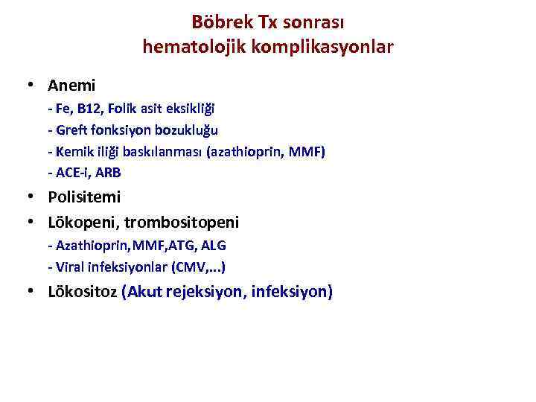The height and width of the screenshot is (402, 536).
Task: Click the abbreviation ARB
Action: [x=107, y=173]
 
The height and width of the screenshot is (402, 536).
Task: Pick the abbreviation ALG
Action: [x=212, y=245]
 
